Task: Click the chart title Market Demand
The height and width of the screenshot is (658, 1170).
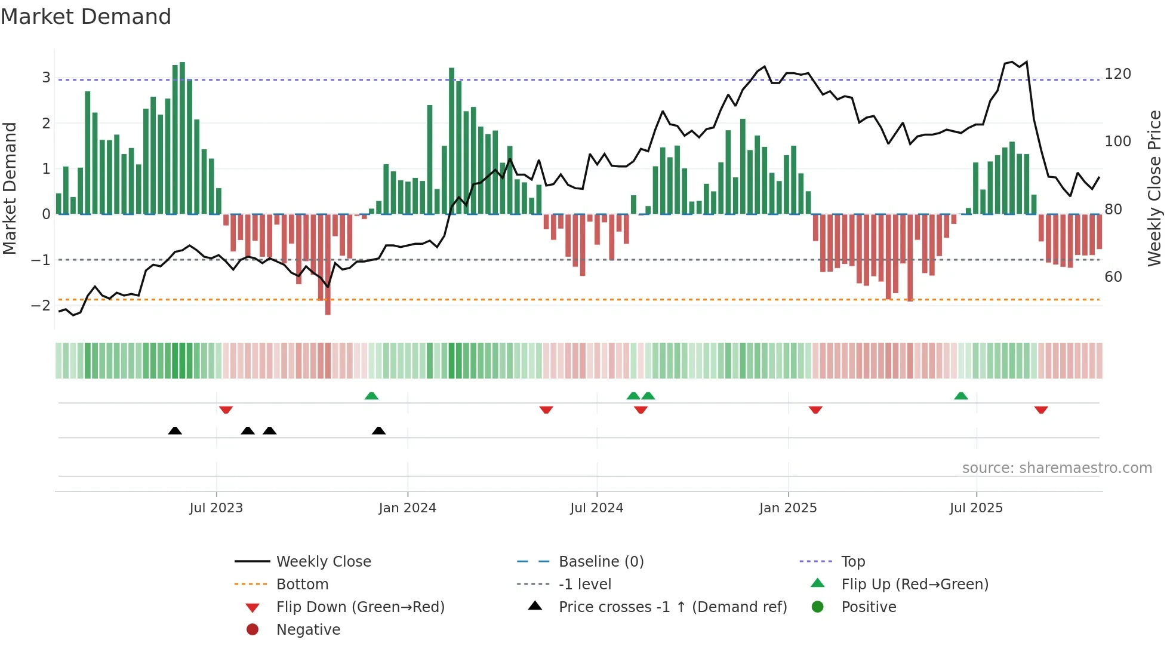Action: click(x=86, y=17)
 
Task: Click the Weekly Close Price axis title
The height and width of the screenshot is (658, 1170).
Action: click(x=1154, y=188)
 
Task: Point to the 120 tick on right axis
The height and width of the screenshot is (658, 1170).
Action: click(x=1117, y=74)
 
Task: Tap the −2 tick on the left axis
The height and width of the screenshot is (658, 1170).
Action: click(x=41, y=306)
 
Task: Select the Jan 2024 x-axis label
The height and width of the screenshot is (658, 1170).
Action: click(x=407, y=508)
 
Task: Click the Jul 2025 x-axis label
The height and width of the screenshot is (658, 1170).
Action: click(x=976, y=508)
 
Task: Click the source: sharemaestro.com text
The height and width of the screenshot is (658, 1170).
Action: click(x=1057, y=468)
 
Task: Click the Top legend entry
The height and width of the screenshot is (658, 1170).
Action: click(x=852, y=562)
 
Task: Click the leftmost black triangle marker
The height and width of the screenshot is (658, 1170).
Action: click(x=175, y=431)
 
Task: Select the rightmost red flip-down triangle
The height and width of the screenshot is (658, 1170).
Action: click(x=1041, y=410)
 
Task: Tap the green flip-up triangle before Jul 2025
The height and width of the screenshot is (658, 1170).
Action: click(x=960, y=396)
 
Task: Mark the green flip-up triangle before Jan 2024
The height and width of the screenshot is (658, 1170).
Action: click(x=371, y=396)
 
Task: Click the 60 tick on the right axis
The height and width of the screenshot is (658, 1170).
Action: click(x=1113, y=277)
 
